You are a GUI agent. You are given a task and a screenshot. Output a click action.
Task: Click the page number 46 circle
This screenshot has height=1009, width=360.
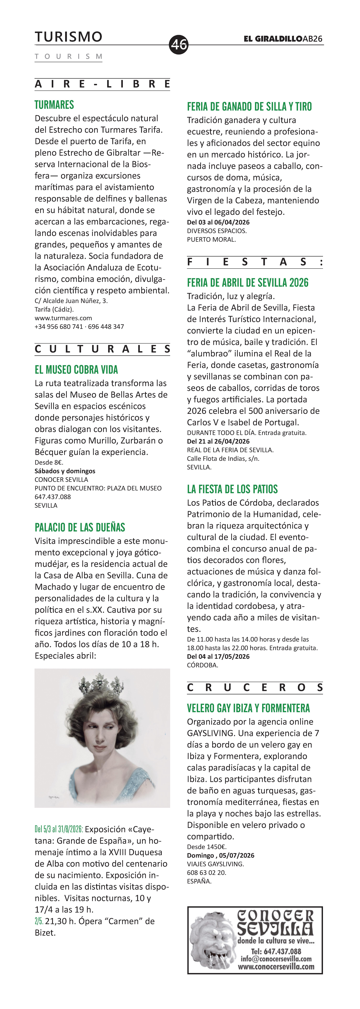point(179,44)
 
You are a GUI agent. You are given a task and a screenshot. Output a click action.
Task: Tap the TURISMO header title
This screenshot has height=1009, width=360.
point(69,37)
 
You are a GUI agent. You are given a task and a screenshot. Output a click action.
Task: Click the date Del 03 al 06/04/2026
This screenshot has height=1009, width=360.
point(218,222)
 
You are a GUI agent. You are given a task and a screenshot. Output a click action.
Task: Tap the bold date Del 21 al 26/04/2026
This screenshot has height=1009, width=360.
point(218,441)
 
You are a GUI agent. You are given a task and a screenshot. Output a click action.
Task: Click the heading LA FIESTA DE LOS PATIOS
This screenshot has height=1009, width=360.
point(232,489)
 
